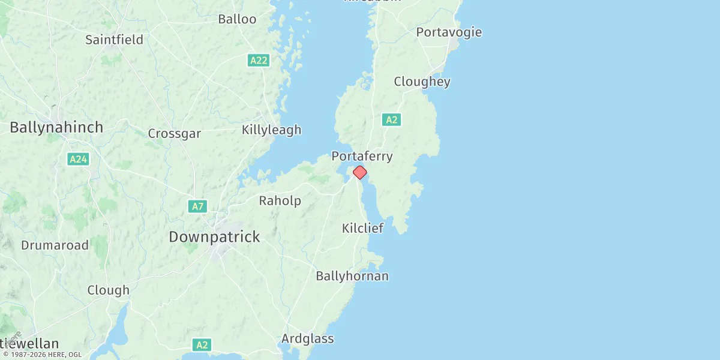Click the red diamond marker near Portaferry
point(359,172)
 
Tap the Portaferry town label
point(362,156)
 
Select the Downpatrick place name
point(214,236)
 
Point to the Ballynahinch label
point(56,127)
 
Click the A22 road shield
point(259,60)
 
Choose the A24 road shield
point(78,159)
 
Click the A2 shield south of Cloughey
point(391,120)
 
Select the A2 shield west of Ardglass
point(202,345)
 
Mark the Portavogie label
point(449,32)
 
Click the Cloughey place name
point(422,82)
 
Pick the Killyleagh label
point(271,130)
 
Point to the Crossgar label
point(174,133)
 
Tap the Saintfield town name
point(114,40)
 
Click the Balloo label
point(237,19)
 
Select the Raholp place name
point(280,200)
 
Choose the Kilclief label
point(362,228)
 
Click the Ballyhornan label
point(352,276)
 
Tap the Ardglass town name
point(307,338)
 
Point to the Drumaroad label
point(55,245)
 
